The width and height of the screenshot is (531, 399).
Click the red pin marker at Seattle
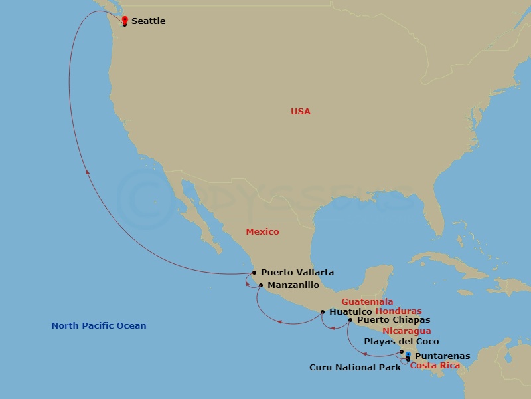(125, 20)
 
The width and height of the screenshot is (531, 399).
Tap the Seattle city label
(148, 21)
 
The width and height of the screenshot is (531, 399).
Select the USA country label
(300, 112)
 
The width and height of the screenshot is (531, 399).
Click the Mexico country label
(262, 232)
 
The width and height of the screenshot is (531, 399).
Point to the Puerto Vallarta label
(297, 272)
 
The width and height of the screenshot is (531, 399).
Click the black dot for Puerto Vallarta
(254, 272)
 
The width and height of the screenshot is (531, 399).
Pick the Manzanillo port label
(293, 285)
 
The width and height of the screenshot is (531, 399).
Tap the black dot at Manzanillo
(261, 286)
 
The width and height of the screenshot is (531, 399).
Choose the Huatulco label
(350, 311)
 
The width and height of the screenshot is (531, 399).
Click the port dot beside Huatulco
(323, 311)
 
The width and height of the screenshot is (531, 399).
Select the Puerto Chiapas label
(393, 320)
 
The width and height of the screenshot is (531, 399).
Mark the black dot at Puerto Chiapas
(350, 320)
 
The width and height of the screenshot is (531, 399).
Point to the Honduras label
(398, 311)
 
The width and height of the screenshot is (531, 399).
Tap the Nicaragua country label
(406, 331)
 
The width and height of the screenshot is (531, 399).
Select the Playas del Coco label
(401, 342)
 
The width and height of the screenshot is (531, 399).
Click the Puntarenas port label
(442, 356)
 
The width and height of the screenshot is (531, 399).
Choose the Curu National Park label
(355, 367)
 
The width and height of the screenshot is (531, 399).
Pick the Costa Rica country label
(434, 366)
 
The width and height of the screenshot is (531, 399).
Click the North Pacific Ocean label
(99, 326)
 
